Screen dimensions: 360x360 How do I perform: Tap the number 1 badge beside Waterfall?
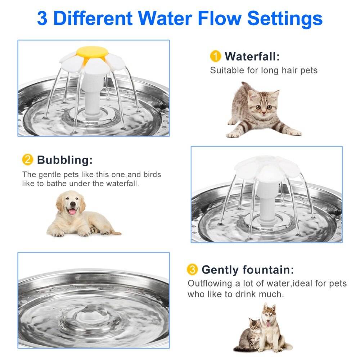[215, 57]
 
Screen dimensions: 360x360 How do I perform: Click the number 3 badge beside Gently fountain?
[192, 269]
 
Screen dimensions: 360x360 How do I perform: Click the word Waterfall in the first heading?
[252, 57]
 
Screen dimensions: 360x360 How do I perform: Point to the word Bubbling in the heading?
[65, 159]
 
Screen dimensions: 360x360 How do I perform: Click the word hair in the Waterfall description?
[277, 70]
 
